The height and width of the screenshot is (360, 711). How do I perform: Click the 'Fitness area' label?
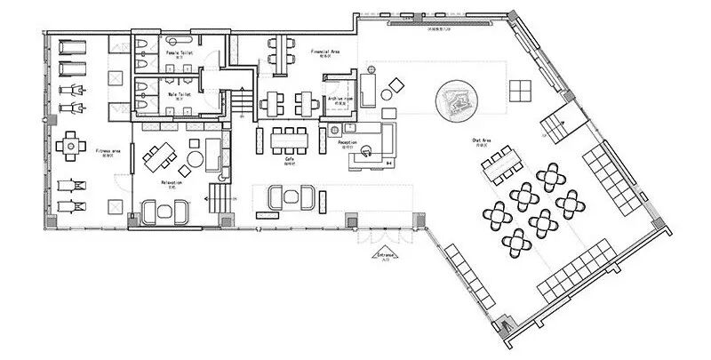108,152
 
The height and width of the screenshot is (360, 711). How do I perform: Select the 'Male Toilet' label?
180,92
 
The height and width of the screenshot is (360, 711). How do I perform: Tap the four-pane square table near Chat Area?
521,90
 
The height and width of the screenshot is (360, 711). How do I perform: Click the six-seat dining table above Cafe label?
289,138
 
